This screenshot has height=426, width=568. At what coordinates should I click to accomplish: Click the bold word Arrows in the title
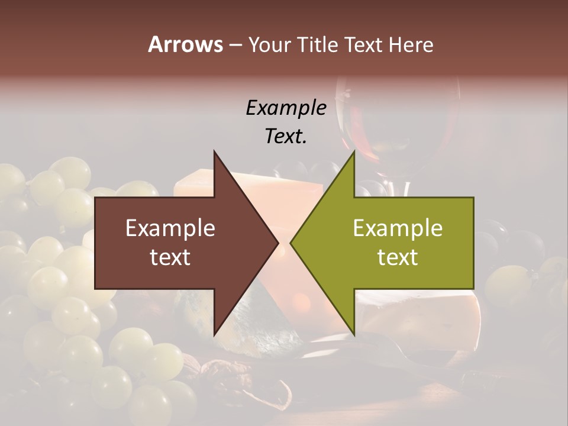[x=185, y=44]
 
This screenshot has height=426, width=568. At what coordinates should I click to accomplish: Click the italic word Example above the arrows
[x=286, y=108]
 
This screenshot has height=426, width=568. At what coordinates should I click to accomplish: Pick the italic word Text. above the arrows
[x=286, y=136]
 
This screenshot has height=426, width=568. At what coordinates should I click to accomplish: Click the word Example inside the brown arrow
[x=170, y=228]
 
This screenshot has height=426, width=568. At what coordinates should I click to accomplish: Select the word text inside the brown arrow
[x=170, y=257]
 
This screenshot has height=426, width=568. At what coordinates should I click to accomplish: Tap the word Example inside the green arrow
[x=398, y=228]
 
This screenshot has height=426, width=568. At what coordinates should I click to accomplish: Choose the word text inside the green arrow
[x=398, y=257]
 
